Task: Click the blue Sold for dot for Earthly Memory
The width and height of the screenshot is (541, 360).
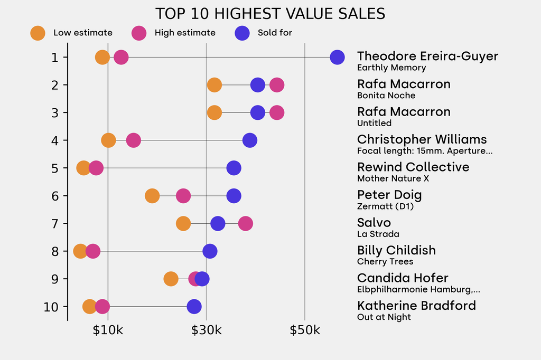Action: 337,57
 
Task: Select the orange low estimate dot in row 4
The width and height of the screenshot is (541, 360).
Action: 108,140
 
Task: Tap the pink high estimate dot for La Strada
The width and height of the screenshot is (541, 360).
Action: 245,223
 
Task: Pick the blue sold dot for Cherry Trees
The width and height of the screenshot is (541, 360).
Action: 210,251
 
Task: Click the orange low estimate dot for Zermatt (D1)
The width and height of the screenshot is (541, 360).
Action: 152,196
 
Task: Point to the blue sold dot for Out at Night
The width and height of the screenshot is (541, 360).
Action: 194,307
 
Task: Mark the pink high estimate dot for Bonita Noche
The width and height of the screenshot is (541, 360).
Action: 277,85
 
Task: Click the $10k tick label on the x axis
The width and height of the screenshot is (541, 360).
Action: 108,331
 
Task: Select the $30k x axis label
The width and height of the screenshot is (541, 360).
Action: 206,331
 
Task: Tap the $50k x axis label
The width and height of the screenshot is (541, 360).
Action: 305,331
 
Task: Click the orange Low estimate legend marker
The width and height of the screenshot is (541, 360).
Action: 38,33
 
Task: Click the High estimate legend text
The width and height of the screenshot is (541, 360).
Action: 185,33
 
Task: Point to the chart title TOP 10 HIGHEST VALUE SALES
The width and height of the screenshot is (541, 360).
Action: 270,14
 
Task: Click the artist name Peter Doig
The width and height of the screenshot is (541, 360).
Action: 389,195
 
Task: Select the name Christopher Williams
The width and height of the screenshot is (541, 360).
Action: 422,139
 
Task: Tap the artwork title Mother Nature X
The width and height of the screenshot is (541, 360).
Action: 393,178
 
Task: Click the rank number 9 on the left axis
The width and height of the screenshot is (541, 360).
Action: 55,279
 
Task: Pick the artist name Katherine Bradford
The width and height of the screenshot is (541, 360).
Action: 416,306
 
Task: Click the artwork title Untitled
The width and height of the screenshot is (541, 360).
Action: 374,123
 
